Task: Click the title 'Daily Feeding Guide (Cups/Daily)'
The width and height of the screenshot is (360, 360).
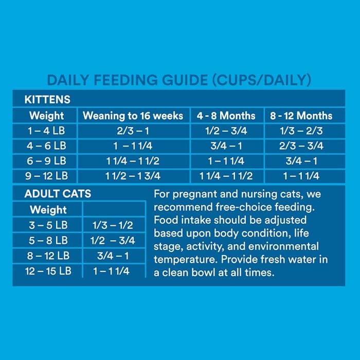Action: [179, 80]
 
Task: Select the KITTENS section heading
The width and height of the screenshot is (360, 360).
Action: [47, 99]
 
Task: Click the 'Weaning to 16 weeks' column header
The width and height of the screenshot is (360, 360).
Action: [133, 116]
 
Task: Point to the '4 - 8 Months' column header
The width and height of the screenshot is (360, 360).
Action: [226, 116]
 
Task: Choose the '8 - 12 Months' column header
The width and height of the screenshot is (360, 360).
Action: [301, 116]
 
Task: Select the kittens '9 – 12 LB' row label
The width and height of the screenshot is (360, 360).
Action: [47, 176]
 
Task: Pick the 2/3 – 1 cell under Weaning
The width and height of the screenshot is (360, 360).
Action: [133, 131]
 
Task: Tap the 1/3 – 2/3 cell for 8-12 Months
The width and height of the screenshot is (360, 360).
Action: [301, 131]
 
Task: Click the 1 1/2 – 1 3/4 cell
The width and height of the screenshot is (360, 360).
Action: [133, 176]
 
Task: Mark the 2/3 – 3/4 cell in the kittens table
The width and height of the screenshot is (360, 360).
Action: [301, 146]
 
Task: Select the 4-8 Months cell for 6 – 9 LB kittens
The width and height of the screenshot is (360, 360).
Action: [226, 161]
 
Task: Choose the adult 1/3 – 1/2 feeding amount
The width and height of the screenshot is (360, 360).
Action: [112, 225]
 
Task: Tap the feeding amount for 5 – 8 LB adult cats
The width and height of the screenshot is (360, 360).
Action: [112, 241]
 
